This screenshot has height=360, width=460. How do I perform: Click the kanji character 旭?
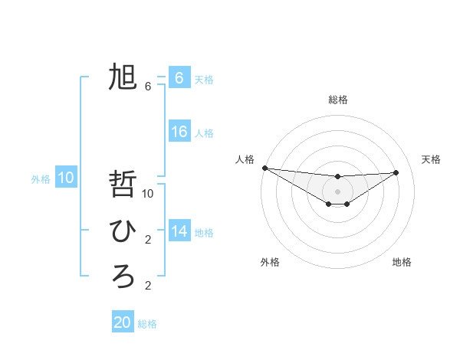pyautogui.click(x=123, y=77)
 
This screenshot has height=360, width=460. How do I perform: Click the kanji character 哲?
pyautogui.click(x=123, y=185)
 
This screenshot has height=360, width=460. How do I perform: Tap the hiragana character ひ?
pyautogui.click(x=123, y=231)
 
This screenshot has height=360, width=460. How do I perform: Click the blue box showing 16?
pyautogui.click(x=179, y=132)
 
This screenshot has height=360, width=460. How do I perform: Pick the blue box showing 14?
pyautogui.click(x=179, y=231)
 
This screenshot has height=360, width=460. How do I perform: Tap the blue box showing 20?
pyautogui.click(x=123, y=322)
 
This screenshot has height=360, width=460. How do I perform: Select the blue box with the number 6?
pyautogui.click(x=179, y=78)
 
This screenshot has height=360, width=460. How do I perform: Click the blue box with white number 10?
pyautogui.click(x=66, y=178)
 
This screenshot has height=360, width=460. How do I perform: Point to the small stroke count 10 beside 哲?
pyautogui.click(x=148, y=194)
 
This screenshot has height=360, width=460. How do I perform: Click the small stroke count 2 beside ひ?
pyautogui.click(x=148, y=240)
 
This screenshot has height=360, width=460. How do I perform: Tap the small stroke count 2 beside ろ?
pyautogui.click(x=148, y=286)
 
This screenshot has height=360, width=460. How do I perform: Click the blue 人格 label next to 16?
pyautogui.click(x=204, y=133)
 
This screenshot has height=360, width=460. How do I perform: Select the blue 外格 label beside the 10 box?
pyautogui.click(x=41, y=179)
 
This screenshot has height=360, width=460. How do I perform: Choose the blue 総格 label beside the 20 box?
pyautogui.click(x=147, y=324)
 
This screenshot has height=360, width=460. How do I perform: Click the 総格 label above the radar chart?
pyautogui.click(x=337, y=100)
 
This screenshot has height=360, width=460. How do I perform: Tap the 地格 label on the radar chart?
pyautogui.click(x=402, y=262)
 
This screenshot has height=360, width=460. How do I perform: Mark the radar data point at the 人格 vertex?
pyautogui.click(x=264, y=168)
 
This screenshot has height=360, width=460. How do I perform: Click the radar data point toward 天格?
pyautogui.click(x=396, y=172)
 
